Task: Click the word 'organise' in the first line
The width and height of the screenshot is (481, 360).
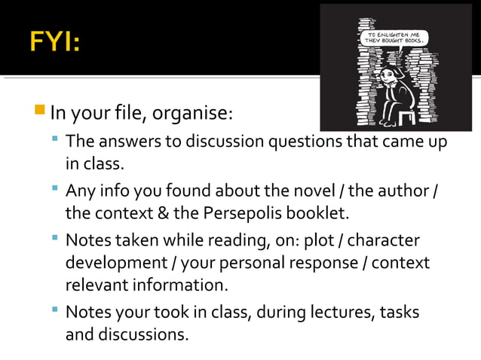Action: (193, 115)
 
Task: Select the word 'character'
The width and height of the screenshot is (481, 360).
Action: (381, 240)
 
